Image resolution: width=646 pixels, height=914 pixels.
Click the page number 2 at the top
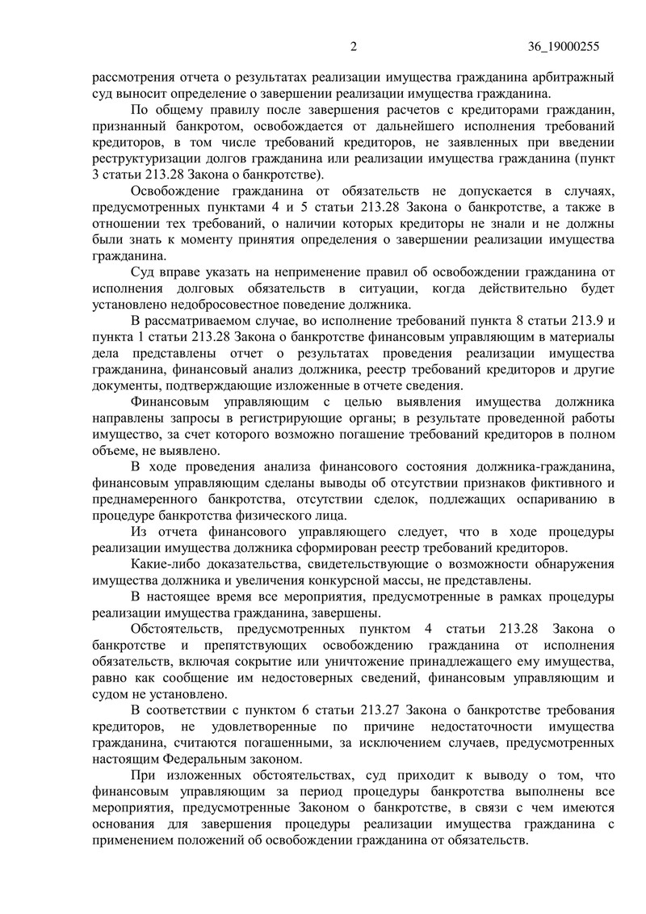[353, 47]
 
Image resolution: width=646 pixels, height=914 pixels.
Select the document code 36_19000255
[560, 47]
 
